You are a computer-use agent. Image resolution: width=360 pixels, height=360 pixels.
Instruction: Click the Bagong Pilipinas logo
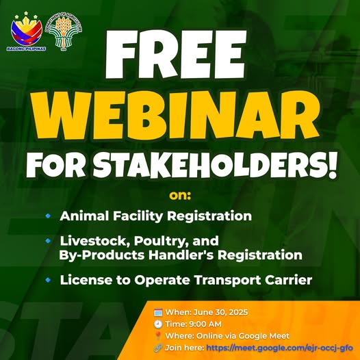27,31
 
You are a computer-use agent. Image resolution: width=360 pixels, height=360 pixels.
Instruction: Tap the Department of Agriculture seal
64,31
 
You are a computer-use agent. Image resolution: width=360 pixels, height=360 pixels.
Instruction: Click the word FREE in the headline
176,54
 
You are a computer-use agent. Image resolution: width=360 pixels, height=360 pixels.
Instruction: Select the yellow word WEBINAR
176,115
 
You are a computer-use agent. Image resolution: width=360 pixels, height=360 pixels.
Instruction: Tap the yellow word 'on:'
180,196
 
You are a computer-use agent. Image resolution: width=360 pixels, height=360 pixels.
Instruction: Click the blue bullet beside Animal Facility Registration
48,216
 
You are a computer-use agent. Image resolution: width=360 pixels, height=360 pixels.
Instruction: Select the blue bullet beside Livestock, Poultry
48,241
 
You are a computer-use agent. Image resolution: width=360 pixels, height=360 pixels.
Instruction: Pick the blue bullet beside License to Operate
48,280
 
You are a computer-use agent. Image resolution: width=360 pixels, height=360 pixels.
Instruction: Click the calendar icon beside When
158,313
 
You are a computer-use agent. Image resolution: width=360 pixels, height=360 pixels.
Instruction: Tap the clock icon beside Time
158,324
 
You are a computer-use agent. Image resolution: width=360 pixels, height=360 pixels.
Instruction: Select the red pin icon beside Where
158,336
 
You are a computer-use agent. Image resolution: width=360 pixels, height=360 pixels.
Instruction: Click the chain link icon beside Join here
158,348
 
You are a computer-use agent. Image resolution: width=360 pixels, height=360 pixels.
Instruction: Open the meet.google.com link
279,348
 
